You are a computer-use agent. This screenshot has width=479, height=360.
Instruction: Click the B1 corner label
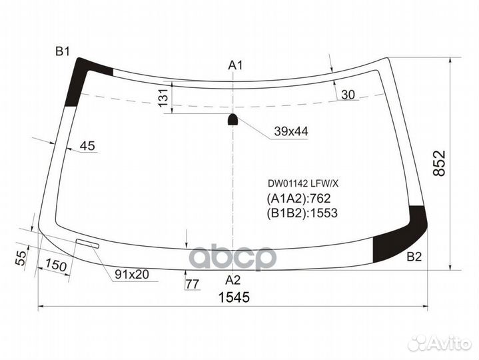[63, 51]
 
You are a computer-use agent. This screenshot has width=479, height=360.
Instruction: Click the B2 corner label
[414, 257]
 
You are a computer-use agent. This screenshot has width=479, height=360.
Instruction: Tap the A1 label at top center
[235, 65]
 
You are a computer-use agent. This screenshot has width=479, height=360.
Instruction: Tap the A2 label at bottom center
[233, 279]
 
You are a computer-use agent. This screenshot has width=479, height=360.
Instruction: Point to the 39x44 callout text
[291, 132]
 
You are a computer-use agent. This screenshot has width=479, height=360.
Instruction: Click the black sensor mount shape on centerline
[233, 120]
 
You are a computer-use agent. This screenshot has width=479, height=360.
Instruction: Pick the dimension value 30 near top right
[348, 95]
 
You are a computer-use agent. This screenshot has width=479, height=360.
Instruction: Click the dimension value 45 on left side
[87, 146]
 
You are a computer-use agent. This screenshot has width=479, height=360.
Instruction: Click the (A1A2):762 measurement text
[299, 197]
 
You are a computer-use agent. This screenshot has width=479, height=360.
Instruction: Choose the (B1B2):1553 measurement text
[303, 213]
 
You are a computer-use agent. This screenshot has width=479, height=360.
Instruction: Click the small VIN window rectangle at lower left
[87, 244]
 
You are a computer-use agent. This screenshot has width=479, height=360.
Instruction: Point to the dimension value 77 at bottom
[193, 285]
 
